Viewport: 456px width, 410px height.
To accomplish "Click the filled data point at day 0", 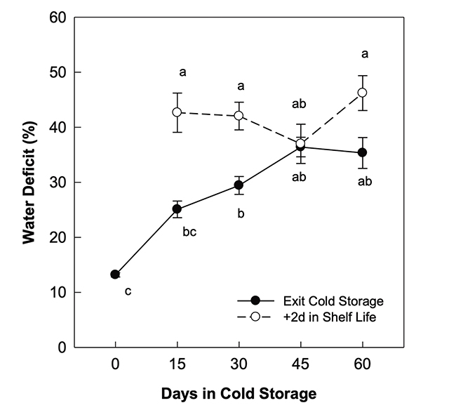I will coord(115,275).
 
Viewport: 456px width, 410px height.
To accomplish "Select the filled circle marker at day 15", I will coord(177,209).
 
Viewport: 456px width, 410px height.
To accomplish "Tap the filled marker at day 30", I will coord(239,185).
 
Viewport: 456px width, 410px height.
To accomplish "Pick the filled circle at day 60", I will coord(363,152).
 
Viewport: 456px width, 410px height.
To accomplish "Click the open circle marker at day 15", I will coord(177,112).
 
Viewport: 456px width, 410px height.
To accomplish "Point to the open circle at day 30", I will coord(239,116).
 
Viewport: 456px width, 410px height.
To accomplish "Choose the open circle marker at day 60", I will coord(363,93).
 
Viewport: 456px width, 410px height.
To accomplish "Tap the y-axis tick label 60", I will coord(57,18).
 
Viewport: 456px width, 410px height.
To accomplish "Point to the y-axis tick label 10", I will coord(57,293).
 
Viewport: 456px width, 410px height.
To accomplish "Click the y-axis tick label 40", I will coord(57,128).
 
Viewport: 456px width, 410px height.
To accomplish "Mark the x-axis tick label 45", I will coord(301,365).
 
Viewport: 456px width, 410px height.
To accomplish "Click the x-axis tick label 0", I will coord(115,365).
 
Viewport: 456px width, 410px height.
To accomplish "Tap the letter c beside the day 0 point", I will coord(128,291).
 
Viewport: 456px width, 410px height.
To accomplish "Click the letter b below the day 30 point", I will coord(240,213).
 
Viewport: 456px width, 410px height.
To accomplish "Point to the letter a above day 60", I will coord(364,53).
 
